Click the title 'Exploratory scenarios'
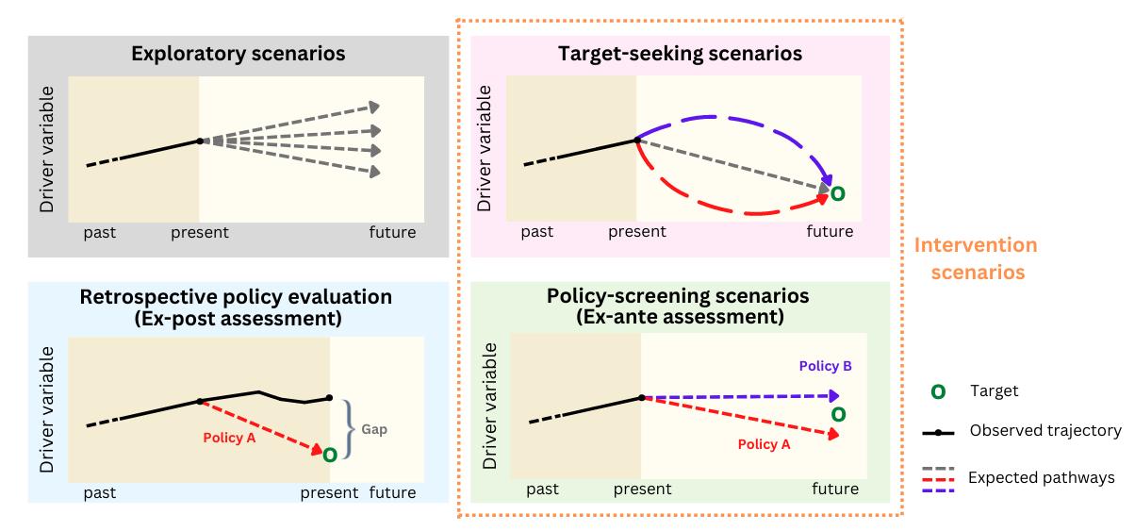[x=238, y=53]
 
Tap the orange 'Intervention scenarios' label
[x=976, y=258]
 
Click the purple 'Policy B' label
[x=826, y=365]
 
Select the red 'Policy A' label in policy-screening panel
[x=764, y=444]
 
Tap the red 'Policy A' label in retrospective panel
[x=229, y=438]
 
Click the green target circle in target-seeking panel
[x=837, y=193]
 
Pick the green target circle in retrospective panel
[x=330, y=455]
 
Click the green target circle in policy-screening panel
[x=838, y=414]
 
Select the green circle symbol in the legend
[x=938, y=391]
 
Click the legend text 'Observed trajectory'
[x=1045, y=431]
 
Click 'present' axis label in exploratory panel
[x=200, y=232]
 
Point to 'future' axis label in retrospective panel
[x=392, y=491]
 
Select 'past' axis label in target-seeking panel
[x=537, y=232]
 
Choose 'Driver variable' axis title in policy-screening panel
[x=489, y=401]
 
